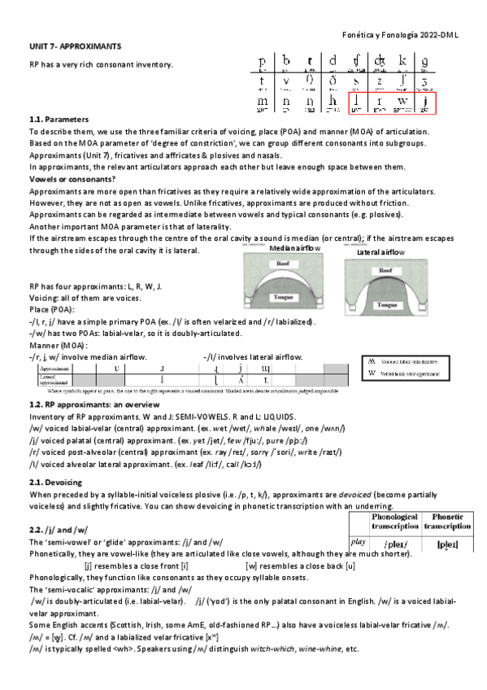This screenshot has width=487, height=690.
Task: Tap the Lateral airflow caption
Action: (x=382, y=253)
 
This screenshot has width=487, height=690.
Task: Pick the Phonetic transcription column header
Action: (x=448, y=522)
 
